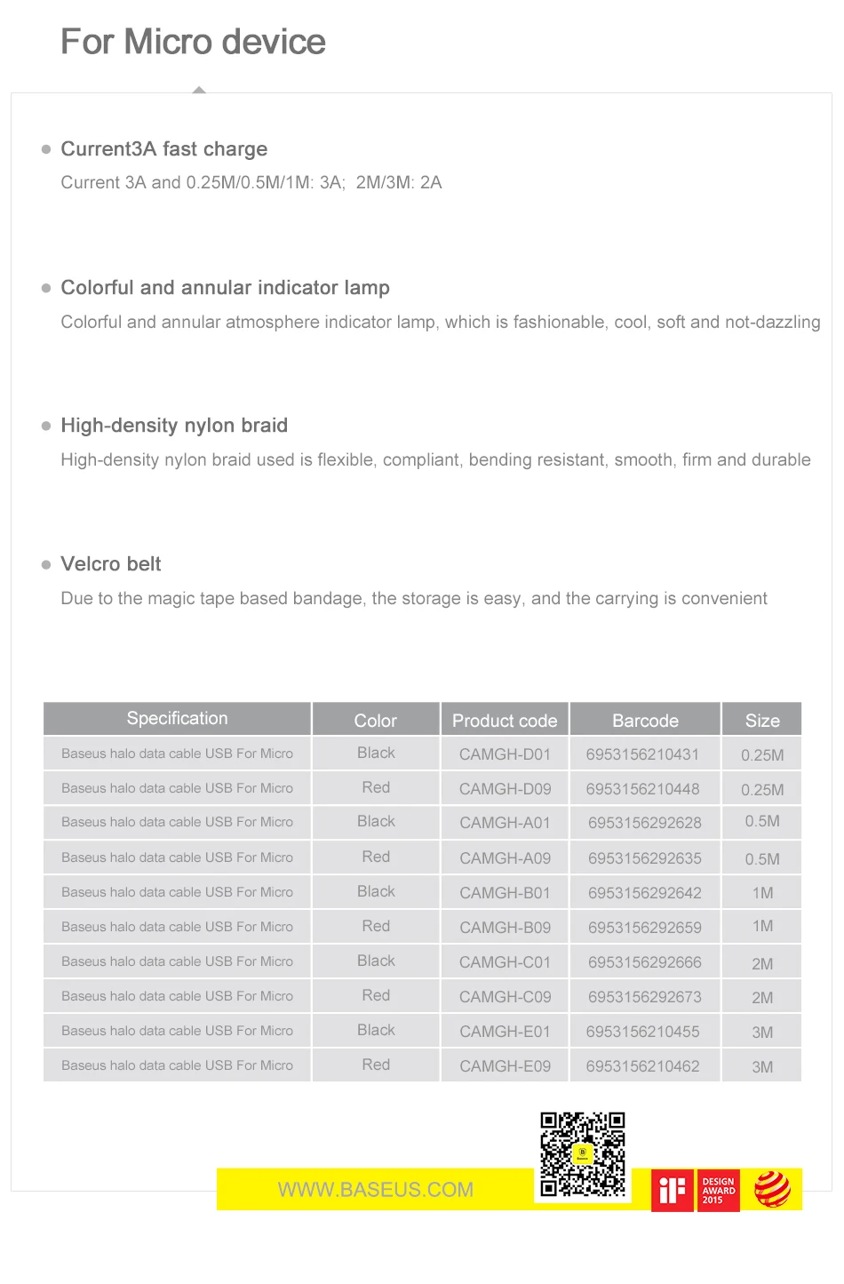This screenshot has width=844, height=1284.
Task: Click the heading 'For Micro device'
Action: tap(193, 42)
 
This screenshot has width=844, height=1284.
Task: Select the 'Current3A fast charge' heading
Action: tap(163, 149)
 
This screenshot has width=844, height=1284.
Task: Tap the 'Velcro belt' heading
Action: tap(111, 564)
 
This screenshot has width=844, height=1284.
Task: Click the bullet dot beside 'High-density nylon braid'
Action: tap(46, 427)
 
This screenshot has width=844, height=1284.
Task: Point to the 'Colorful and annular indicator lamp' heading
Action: tap(225, 288)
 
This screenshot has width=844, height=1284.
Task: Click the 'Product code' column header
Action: tap(505, 721)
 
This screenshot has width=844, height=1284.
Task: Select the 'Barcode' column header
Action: tap(645, 721)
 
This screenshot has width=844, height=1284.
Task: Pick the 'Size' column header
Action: tap(762, 721)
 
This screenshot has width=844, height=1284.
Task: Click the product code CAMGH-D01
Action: tap(505, 754)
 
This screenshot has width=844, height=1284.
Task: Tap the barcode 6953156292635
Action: tap(645, 858)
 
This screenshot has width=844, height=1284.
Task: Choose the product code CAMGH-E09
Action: tap(505, 1066)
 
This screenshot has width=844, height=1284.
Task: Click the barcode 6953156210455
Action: tap(643, 1032)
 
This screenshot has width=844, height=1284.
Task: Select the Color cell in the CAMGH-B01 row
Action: tap(376, 892)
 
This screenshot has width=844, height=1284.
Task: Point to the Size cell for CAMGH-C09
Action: tap(762, 998)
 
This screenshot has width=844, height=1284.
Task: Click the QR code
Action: tap(583, 1154)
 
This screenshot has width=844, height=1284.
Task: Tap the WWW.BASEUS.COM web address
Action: tap(376, 1190)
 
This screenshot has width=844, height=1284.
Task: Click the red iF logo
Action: tap(673, 1190)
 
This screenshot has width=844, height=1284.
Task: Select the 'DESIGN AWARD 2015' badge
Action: tap(719, 1191)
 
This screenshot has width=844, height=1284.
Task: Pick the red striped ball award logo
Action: tap(772, 1190)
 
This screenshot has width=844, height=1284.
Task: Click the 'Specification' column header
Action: tap(177, 719)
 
